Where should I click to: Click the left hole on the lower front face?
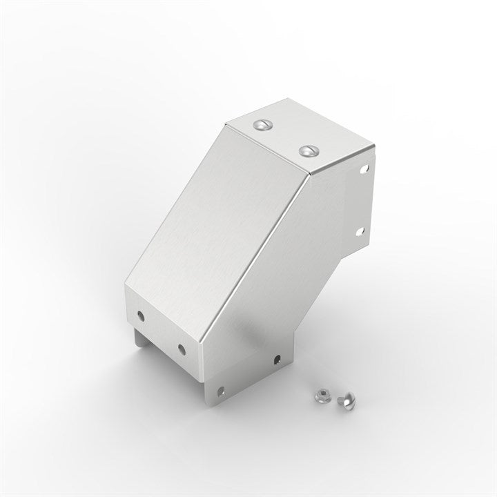tap(142, 315)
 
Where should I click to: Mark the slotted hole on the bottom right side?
tap(277, 359)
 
